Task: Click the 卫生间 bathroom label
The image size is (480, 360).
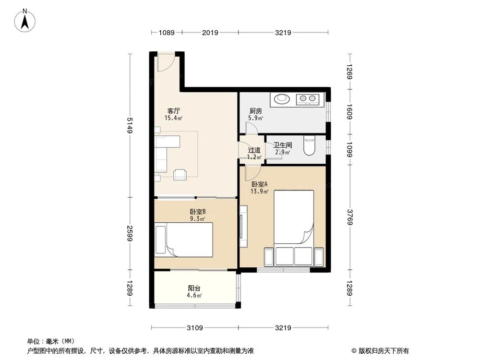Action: click(283, 145)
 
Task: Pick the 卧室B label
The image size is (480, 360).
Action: click(197, 212)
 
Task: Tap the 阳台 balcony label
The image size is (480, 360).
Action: click(194, 288)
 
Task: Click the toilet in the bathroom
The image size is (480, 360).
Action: click(310, 146)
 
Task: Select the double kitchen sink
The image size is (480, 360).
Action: click(308, 99)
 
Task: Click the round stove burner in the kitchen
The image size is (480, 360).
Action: click(282, 99)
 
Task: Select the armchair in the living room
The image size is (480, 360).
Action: click(180, 175)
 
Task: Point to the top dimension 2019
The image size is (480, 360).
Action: click(210, 33)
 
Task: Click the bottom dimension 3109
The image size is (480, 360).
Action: click(194, 328)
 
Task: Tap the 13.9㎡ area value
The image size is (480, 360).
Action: click(260, 191)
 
